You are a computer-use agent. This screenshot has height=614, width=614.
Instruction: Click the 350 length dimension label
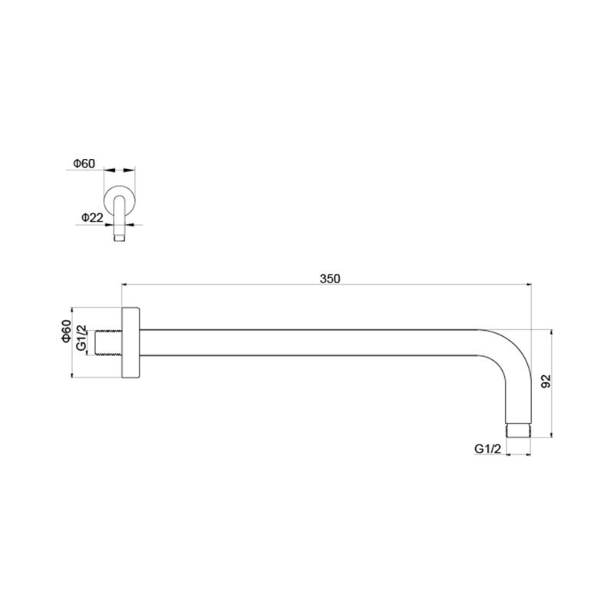click(330, 279)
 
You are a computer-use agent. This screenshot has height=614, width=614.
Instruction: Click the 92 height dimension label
click(546, 381)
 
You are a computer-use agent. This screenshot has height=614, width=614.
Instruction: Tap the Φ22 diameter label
click(92, 217)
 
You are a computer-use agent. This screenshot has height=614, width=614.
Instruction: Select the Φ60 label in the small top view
click(84, 163)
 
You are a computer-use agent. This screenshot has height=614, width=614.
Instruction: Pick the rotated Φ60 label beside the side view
click(67, 331)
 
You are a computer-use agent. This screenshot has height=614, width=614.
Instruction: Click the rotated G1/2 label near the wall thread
click(81, 338)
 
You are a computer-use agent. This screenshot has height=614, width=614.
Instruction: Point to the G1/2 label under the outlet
click(487, 449)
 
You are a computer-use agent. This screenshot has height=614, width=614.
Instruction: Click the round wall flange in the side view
click(130, 342)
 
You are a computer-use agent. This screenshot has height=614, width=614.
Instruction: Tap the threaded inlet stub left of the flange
click(108, 343)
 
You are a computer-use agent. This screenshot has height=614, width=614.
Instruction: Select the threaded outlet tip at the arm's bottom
click(518, 431)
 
